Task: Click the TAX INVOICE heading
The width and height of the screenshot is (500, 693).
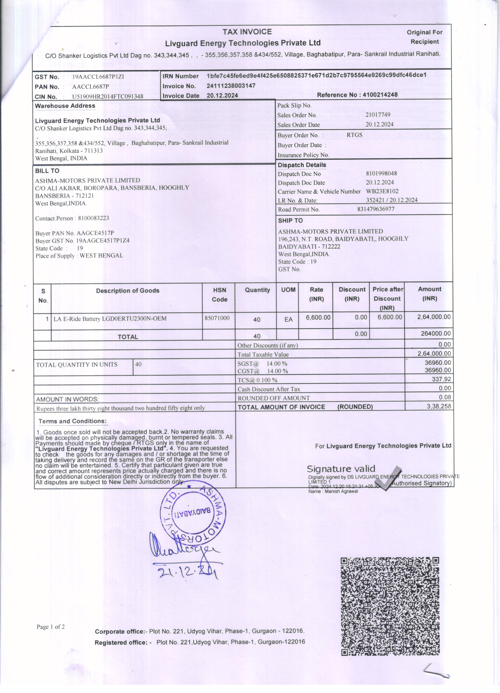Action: point(247,32)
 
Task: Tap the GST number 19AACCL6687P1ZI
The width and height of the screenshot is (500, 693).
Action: point(98,77)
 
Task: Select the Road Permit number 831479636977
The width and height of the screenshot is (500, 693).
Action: point(376,209)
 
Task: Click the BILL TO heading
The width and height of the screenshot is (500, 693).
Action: point(47,171)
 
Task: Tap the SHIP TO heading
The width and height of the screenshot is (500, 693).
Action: point(290,221)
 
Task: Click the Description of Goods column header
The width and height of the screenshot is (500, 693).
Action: point(128,291)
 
